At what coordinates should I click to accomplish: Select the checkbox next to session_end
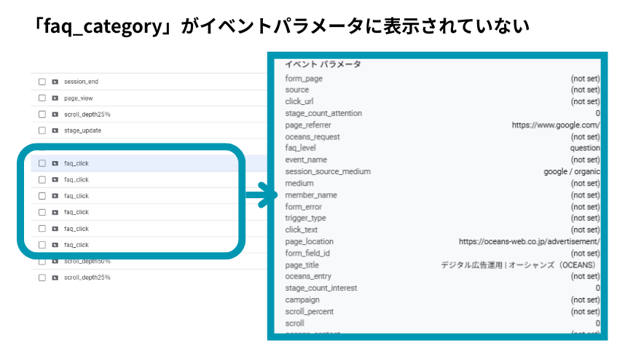click(42, 82)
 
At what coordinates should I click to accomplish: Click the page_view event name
click(78, 98)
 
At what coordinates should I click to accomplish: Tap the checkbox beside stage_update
click(42, 130)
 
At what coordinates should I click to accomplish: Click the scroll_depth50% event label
click(87, 261)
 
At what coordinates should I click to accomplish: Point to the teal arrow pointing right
click(259, 195)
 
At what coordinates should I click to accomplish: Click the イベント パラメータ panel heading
click(323, 64)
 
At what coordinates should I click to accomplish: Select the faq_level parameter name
click(301, 148)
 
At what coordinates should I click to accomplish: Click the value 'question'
click(585, 148)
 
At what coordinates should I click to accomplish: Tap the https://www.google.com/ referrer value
click(556, 125)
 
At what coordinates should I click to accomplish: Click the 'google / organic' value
click(571, 171)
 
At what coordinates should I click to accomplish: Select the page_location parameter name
click(309, 241)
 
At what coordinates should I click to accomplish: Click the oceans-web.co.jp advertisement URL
click(529, 241)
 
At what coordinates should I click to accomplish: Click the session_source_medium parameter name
click(328, 171)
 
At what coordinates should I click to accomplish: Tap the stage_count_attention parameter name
click(323, 113)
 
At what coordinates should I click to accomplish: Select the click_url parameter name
click(299, 101)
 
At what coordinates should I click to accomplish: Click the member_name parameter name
click(311, 195)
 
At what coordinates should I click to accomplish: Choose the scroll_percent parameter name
click(309, 311)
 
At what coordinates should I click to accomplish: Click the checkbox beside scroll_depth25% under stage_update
click(42, 278)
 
